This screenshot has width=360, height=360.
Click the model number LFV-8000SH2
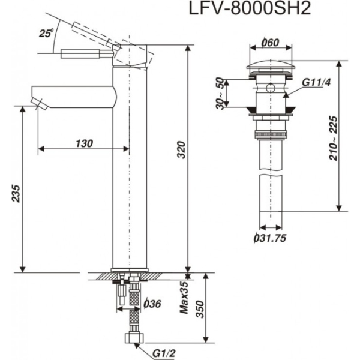[251, 11]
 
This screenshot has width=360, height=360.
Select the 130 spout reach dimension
[84, 143]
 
